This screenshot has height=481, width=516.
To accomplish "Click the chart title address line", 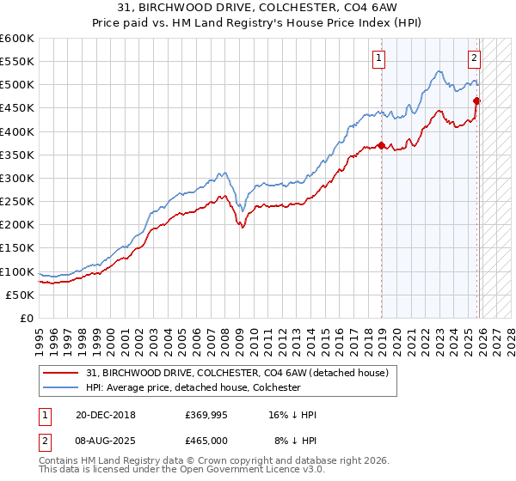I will (258, 8).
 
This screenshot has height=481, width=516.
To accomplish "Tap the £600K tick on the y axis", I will (17, 39).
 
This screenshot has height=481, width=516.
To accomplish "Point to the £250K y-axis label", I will (17, 201).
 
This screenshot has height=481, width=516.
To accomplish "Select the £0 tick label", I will (28, 318).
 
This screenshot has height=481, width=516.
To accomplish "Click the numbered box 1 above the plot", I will (378, 58).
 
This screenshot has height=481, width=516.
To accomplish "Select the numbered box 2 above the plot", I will (473, 58).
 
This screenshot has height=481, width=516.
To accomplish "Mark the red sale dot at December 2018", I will (381, 145).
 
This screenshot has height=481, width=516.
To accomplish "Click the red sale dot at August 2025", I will (476, 100).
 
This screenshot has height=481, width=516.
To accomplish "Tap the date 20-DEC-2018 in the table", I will (99, 415).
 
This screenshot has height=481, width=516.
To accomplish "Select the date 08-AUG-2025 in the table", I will (99, 440).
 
